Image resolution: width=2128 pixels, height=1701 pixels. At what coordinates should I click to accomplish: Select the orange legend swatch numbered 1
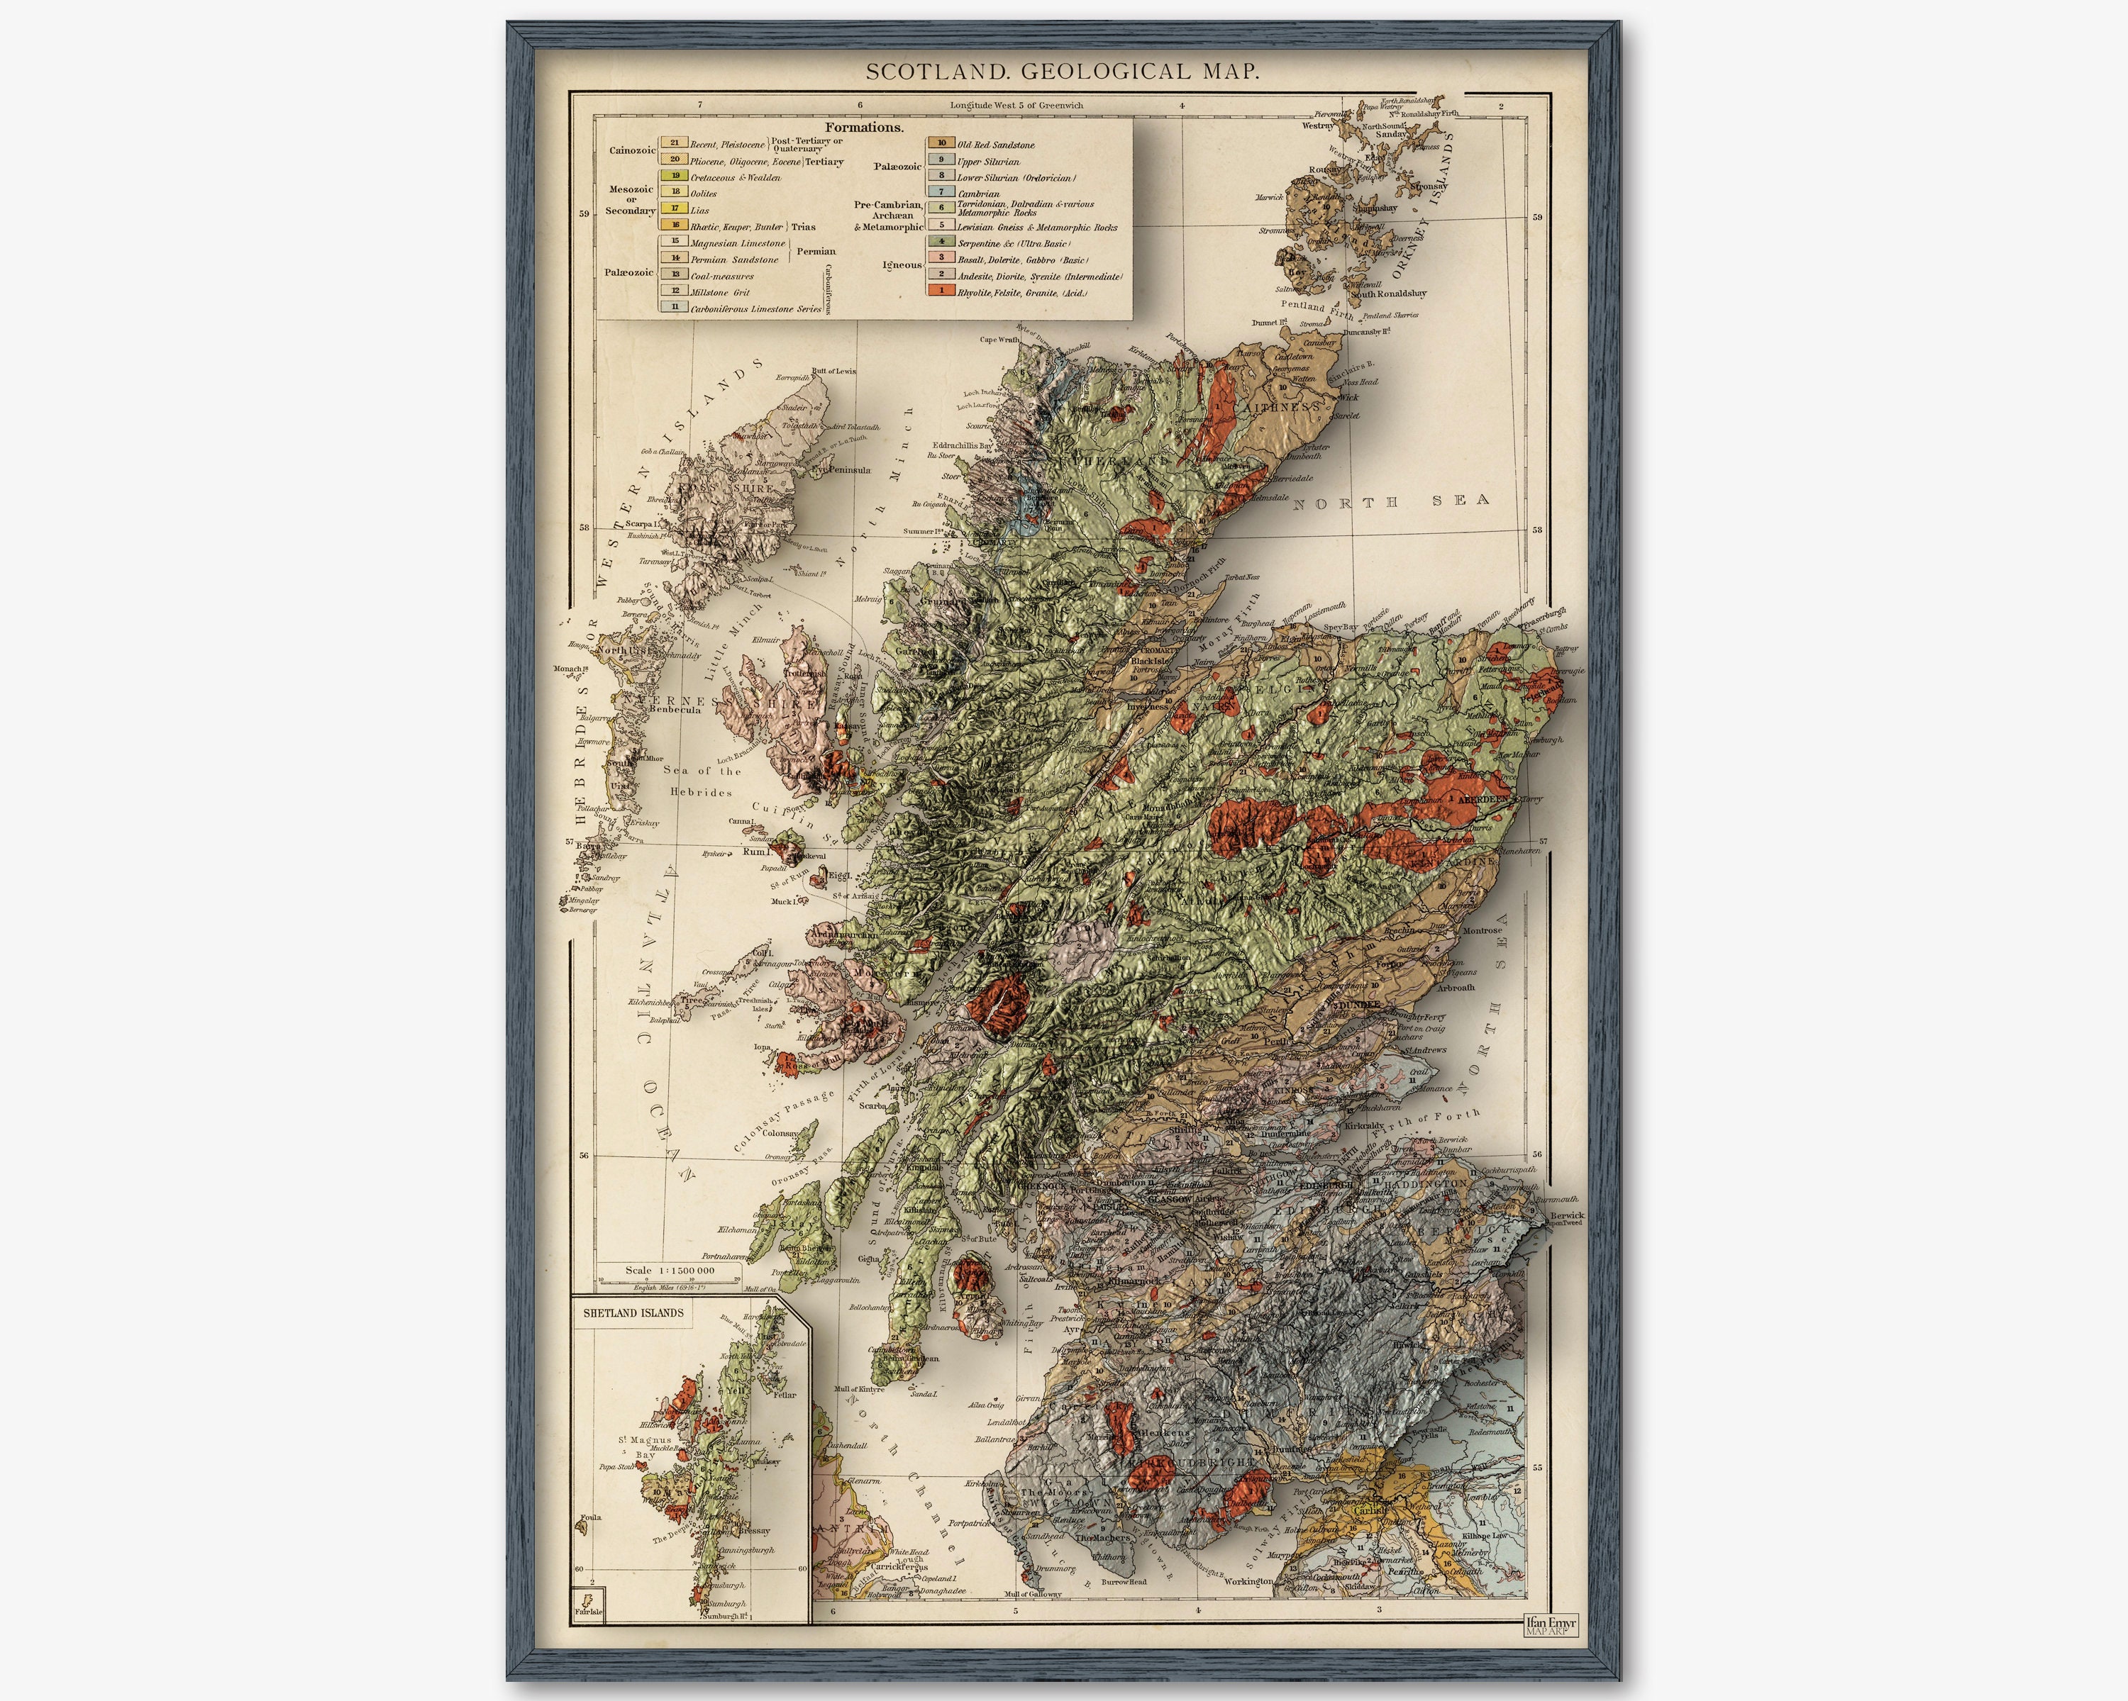(x=941, y=290)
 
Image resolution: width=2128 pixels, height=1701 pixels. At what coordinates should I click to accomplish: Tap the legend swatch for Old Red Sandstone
(x=941, y=143)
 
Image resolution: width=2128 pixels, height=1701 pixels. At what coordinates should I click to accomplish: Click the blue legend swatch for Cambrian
(x=941, y=192)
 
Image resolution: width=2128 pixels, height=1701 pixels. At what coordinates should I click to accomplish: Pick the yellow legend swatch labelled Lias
(x=675, y=208)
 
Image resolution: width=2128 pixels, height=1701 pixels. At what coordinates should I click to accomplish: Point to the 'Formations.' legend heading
(x=864, y=128)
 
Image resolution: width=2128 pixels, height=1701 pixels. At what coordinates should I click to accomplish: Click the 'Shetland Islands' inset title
(x=633, y=1313)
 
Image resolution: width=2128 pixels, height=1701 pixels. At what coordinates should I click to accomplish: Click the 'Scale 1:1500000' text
(x=669, y=1270)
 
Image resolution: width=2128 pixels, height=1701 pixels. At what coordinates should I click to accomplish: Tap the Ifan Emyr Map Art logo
(x=1551, y=1626)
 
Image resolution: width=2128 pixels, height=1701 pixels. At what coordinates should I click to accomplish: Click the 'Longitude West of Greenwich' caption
(x=1016, y=105)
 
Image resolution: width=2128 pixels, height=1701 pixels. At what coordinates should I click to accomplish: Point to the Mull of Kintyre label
(x=860, y=1388)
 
